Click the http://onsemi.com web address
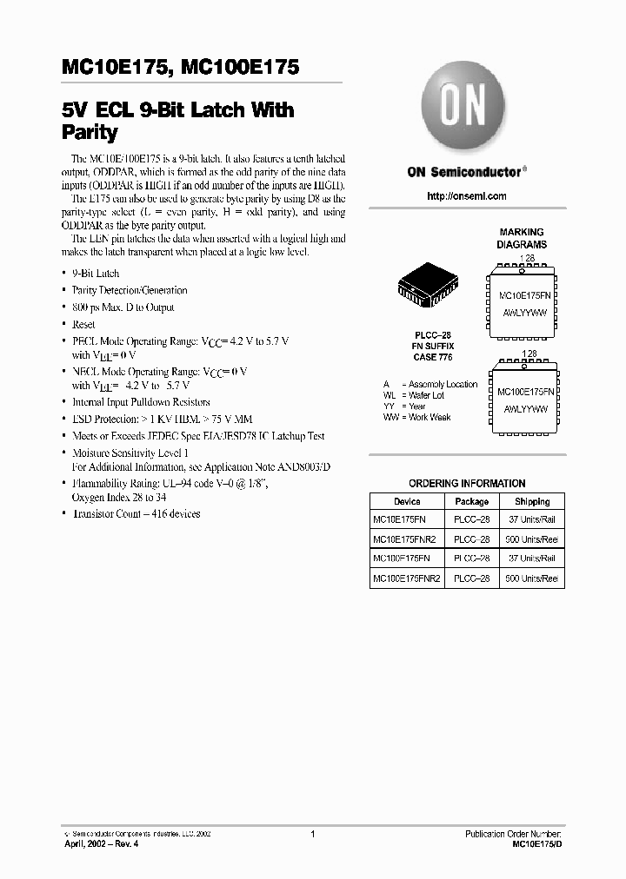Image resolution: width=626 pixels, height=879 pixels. point(467,196)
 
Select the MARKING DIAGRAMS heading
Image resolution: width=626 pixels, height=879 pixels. point(522,238)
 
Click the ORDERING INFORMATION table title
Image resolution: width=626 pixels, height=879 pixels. point(467,484)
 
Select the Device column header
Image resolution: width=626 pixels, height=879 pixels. point(407,501)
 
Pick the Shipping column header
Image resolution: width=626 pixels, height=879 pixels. point(531,501)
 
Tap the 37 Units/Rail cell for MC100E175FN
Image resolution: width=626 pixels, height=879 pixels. point(532,558)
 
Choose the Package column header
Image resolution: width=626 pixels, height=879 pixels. point(472,501)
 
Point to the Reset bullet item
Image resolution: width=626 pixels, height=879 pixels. point(83,324)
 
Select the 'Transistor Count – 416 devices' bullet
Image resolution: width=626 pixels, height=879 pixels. point(136,513)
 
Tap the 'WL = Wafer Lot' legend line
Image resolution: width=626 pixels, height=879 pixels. point(414,395)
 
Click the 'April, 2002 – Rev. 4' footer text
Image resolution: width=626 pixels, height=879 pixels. point(102,843)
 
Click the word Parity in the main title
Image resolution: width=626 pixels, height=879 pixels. point(90,133)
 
